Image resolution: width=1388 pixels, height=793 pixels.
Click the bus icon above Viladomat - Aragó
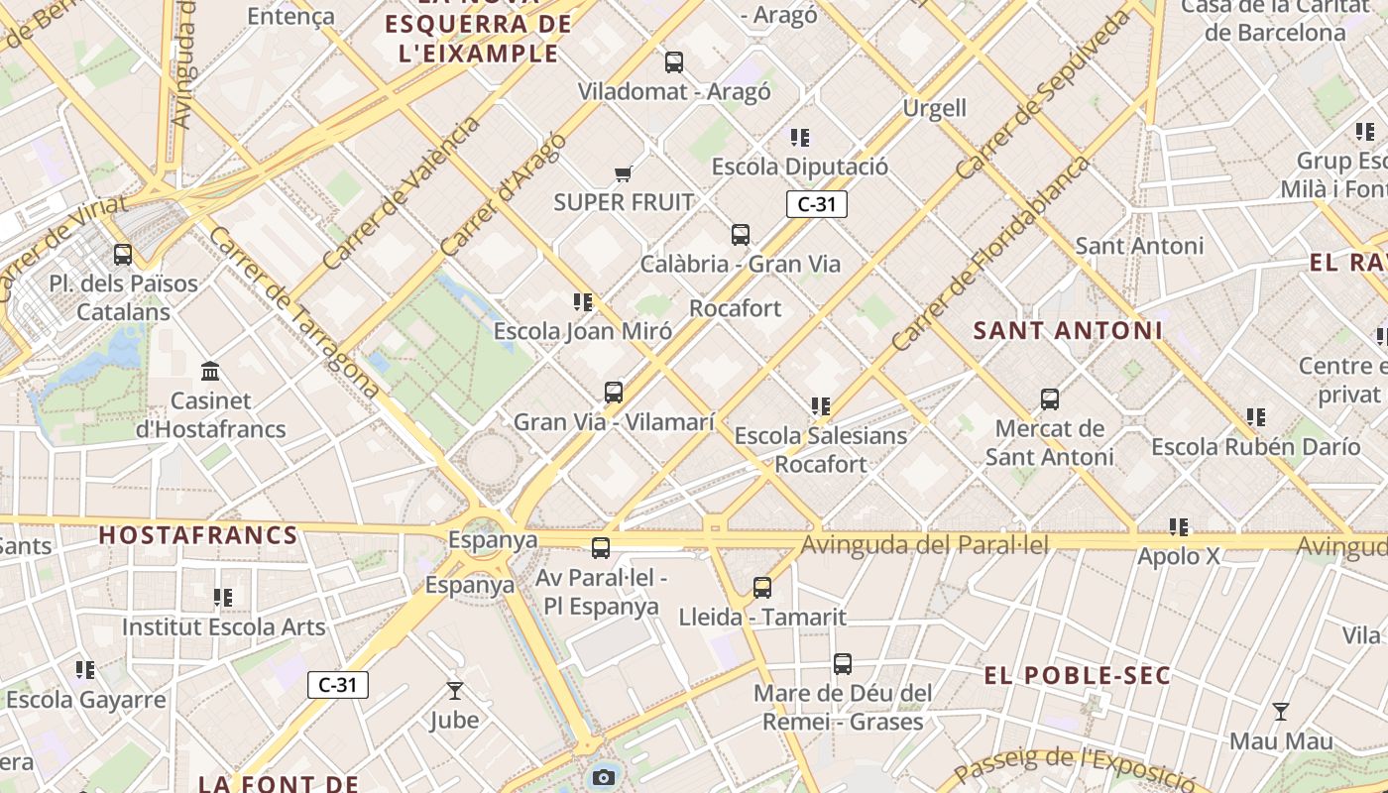tap(674, 62)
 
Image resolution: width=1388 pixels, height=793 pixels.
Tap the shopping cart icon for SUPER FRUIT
tap(623, 174)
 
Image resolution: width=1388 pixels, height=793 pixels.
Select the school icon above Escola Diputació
tap(800, 138)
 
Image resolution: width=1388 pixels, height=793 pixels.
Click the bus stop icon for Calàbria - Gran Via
tap(741, 235)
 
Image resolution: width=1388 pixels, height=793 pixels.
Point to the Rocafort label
tap(736, 308)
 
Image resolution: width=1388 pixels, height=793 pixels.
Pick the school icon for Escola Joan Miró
tap(583, 302)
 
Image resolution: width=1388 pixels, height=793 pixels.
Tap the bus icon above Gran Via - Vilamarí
tap(614, 393)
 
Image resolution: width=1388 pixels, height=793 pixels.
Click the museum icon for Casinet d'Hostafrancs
tap(210, 372)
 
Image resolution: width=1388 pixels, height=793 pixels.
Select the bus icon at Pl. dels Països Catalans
tap(123, 255)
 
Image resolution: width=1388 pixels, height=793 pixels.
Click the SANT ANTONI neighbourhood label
tap(1068, 331)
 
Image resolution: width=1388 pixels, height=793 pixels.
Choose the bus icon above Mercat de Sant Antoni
tap(1050, 400)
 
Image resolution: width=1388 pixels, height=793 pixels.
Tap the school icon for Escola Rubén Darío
tap(1256, 417)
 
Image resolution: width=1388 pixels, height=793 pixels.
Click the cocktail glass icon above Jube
tap(454, 691)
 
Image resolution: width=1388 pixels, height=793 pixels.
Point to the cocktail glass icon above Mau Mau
tap(1281, 712)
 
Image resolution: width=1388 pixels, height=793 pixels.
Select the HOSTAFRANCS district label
tap(198, 536)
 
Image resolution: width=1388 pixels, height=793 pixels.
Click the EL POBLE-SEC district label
tap(1078, 677)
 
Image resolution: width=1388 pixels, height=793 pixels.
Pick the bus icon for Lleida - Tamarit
tap(762, 588)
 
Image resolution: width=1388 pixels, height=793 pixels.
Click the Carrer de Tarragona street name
tap(294, 312)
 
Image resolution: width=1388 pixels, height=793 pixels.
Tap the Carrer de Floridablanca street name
tap(990, 254)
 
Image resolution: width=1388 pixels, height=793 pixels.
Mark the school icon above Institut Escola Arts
tap(223, 598)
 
